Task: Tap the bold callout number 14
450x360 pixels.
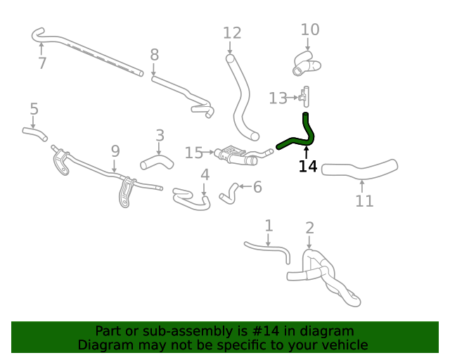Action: click(308, 167)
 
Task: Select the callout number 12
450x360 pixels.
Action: click(232, 33)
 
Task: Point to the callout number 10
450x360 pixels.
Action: click(310, 30)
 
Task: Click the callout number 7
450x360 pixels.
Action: click(42, 63)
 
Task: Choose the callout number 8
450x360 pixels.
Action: click(155, 55)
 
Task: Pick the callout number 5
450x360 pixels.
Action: click(34, 109)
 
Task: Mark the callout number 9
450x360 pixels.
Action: click(115, 151)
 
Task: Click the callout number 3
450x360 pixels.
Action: click(160, 136)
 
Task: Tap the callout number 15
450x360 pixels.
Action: click(194, 153)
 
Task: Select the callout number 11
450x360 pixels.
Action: click(364, 201)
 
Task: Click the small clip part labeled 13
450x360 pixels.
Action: click(304, 97)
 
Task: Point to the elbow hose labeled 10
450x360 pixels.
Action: click(307, 64)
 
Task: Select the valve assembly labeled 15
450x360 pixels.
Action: click(241, 156)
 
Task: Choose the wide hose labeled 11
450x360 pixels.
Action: click(359, 170)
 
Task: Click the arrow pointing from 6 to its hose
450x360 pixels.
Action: click(245, 186)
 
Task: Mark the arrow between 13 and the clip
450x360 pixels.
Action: click(292, 98)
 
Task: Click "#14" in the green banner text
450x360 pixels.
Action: click(265, 331)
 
